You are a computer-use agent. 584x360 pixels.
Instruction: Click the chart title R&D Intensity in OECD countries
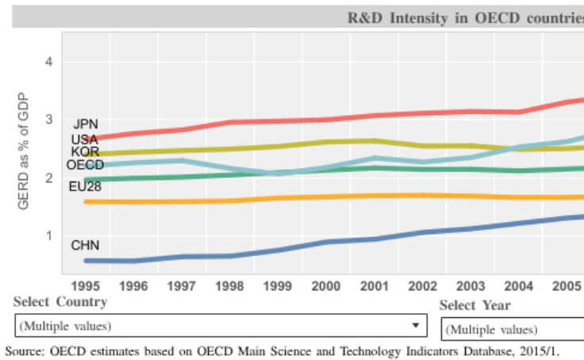(465, 18)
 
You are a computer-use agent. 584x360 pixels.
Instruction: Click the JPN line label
(85, 124)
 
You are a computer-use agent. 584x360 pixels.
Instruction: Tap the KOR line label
(85, 151)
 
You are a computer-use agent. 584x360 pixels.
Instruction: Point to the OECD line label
(85, 165)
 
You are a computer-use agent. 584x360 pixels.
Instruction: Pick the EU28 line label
(85, 187)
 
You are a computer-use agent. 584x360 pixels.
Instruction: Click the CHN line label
(85, 246)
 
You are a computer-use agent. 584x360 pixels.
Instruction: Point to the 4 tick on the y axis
(48, 62)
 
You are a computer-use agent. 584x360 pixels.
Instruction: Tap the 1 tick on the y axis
(48, 236)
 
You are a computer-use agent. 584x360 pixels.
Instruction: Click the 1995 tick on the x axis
(86, 285)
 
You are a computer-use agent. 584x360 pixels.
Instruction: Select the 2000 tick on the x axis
(327, 285)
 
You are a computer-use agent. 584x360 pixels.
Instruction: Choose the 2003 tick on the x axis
(471, 285)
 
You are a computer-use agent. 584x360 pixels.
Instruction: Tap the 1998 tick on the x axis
(230, 285)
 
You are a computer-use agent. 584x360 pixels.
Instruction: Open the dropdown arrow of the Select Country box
(415, 325)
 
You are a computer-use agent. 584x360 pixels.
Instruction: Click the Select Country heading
(60, 302)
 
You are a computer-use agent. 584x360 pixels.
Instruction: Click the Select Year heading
(475, 305)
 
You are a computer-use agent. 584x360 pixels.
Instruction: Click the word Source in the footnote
(24, 350)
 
